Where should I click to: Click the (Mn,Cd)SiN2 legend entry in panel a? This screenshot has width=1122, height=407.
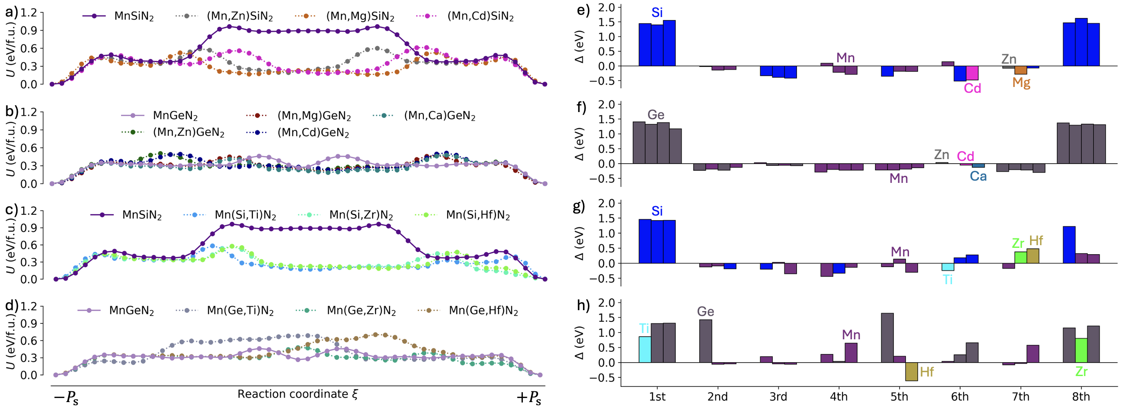tap(480, 17)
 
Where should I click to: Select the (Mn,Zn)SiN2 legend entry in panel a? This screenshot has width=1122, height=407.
tap(239, 17)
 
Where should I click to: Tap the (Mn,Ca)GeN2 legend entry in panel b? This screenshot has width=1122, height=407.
tap(439, 116)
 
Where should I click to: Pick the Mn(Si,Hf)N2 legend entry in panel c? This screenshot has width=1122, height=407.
tap(478, 215)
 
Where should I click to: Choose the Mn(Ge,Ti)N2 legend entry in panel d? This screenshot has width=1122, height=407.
tap(240, 311)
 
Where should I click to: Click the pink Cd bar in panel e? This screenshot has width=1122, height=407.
tap(972, 73)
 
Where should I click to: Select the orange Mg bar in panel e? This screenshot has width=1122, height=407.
tap(1021, 70)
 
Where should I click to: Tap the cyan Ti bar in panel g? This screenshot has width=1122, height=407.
tap(948, 267)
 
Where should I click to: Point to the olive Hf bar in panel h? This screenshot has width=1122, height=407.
tap(911, 372)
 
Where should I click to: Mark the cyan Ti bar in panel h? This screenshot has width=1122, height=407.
tap(645, 350)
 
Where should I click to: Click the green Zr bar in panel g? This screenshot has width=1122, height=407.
tap(1021, 258)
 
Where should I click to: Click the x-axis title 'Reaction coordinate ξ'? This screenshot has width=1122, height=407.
tap(298, 394)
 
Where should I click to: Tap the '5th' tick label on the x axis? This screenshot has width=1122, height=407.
tap(899, 397)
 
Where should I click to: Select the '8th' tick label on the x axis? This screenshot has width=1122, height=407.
tap(1081, 397)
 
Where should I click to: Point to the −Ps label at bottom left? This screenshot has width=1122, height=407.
tap(66, 398)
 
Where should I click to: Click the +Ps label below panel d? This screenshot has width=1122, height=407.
tap(529, 398)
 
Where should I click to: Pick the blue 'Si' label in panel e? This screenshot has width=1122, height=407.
tap(657, 13)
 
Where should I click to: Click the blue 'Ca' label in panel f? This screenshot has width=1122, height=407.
tap(978, 177)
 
